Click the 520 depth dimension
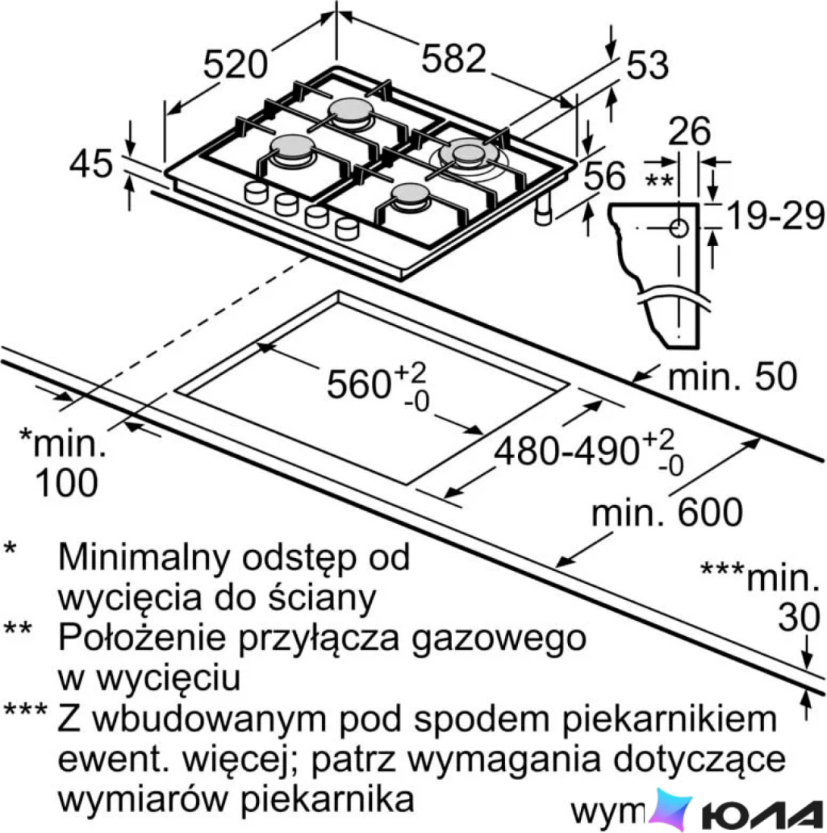pos(235,64)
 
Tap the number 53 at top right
pos(647,65)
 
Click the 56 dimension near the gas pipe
pos(604,176)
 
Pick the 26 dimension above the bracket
pos(689,131)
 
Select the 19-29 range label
pos(775,216)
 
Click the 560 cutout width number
pos(359,384)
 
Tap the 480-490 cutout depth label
pos(566,452)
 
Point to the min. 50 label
pos(732,376)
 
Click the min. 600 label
pos(667,512)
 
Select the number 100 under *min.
pos(67,482)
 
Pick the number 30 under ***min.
pos(800,616)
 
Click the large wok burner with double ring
pos(469,154)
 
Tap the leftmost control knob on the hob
pos(256,193)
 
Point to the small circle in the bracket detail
pos(679,229)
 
